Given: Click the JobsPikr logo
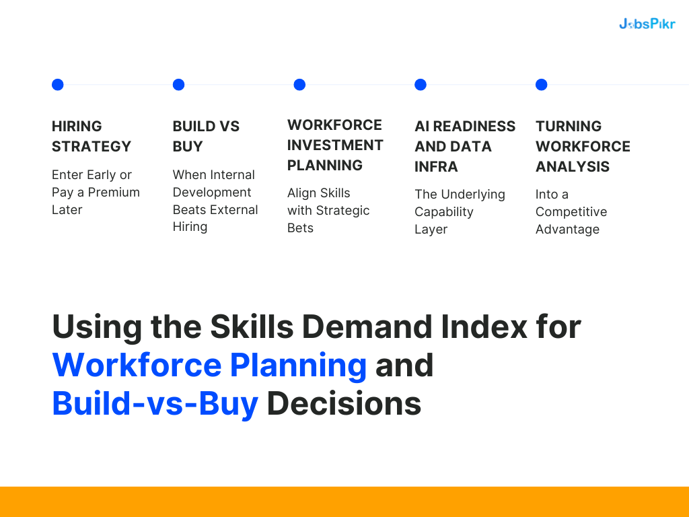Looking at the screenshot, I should pyautogui.click(x=647, y=24).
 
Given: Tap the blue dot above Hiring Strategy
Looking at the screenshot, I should pyautogui.click(x=58, y=85).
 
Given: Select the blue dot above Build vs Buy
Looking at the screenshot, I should pyautogui.click(x=178, y=85).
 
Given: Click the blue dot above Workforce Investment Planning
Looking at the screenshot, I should pyautogui.click(x=299, y=85).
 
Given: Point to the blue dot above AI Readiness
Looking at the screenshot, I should pyautogui.click(x=421, y=85).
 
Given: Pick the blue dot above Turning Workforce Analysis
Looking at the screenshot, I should pyautogui.click(x=542, y=85).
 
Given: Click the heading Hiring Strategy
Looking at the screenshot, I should pyautogui.click(x=91, y=136).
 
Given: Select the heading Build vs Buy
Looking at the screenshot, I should pyautogui.click(x=206, y=136).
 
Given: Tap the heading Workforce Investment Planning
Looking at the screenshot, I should pyautogui.click(x=335, y=145).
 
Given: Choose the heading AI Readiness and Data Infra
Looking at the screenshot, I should pyautogui.click(x=465, y=146).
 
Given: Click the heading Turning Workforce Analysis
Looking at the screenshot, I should pyautogui.click(x=583, y=146).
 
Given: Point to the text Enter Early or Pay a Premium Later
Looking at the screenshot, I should pyautogui.click(x=96, y=192).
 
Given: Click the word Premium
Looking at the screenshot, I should pyautogui.click(x=114, y=192).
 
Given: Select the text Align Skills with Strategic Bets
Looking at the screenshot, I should pyautogui.click(x=328, y=210).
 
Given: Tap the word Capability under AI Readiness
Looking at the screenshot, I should pyautogui.click(x=444, y=211).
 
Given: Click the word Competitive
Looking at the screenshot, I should pyautogui.click(x=571, y=211).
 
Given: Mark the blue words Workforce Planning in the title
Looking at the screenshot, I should pyautogui.click(x=209, y=365).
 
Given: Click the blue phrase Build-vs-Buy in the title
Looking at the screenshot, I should pyautogui.click(x=155, y=403).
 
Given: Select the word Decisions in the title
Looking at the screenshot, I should pyautogui.click(x=344, y=403).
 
